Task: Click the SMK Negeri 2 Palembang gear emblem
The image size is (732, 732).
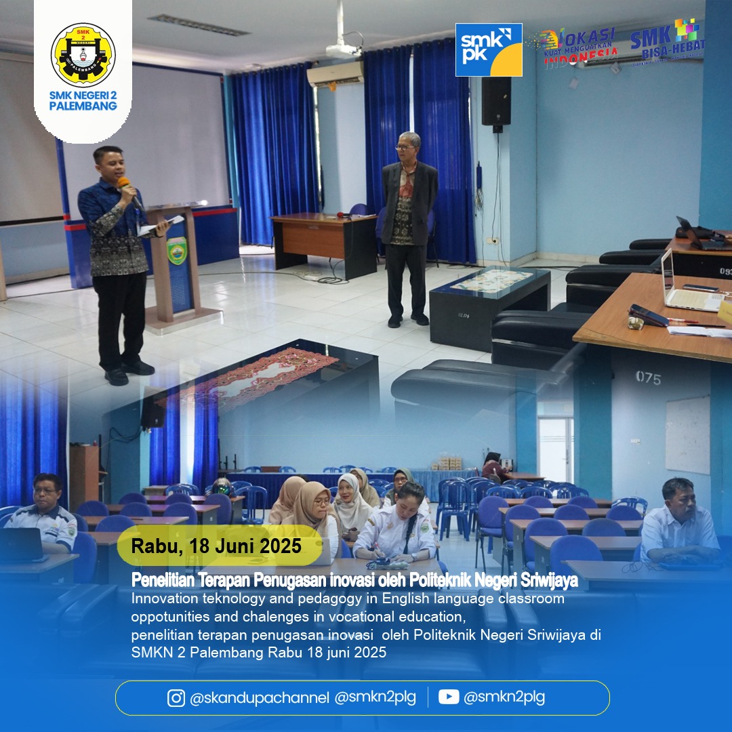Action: tap(83, 55)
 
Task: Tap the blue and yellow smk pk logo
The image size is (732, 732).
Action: tap(489, 49)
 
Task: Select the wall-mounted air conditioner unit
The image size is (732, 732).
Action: tap(335, 74)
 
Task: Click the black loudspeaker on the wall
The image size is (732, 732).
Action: tap(495, 102)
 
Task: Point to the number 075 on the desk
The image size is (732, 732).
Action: tap(649, 378)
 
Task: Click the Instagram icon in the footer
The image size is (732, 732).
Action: tap(176, 698)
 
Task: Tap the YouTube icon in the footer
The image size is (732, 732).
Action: tap(449, 697)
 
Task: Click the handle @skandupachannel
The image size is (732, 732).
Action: tap(260, 698)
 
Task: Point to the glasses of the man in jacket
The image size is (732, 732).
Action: tap(406, 148)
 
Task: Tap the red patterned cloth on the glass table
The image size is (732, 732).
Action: tap(247, 379)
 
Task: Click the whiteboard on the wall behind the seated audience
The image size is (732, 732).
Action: tap(688, 434)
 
